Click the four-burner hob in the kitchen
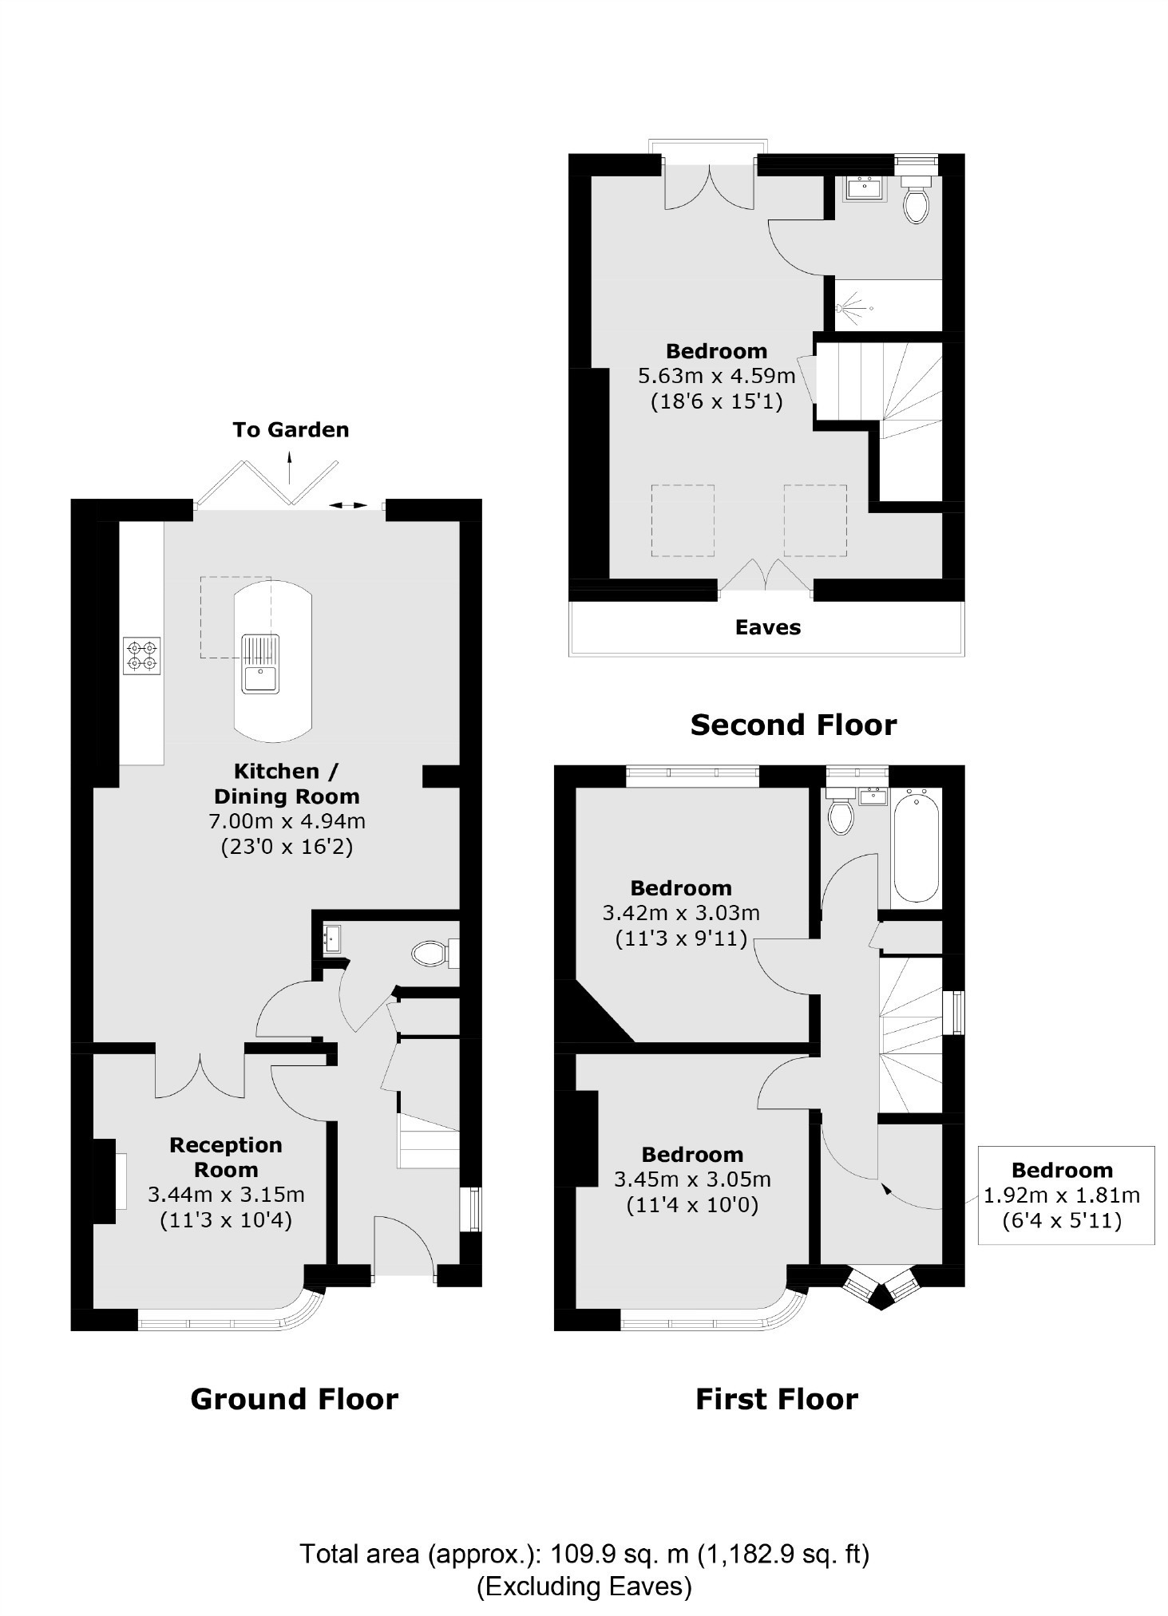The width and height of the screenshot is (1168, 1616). (x=141, y=655)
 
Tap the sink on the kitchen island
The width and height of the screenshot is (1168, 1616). (x=260, y=664)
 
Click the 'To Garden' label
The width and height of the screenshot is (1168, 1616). (x=291, y=430)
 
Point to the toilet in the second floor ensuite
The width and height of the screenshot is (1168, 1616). (x=916, y=204)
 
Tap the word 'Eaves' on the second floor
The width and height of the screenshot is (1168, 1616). (x=767, y=628)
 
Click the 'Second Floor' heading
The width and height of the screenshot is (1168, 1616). (x=793, y=725)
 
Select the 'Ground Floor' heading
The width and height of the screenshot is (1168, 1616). (x=294, y=1400)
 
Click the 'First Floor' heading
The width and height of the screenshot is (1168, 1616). (x=776, y=1400)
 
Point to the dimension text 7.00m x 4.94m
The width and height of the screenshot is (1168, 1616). (x=287, y=820)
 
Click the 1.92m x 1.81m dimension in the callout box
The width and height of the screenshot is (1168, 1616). (x=1061, y=1195)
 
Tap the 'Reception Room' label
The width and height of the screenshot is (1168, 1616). (x=226, y=1157)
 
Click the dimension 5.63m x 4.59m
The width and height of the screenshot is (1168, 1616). (x=716, y=376)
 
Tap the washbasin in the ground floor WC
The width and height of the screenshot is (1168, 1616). (x=332, y=938)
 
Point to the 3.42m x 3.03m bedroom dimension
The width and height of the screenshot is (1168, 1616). (x=680, y=913)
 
